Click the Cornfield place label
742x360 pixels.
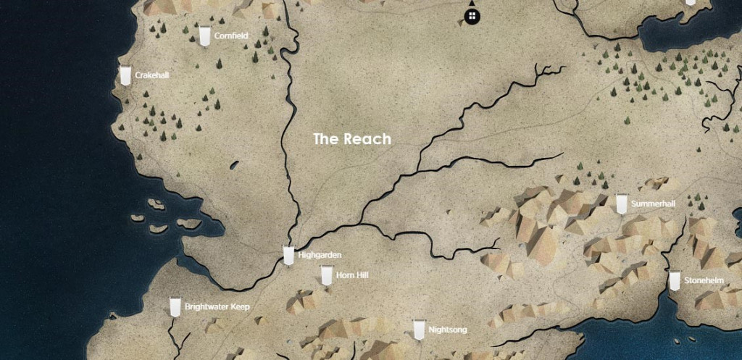231,35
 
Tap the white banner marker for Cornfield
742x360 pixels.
205,35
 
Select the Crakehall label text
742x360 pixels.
157,75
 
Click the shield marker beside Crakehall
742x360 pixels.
126,75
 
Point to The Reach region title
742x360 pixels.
352,139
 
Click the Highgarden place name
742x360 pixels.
320,255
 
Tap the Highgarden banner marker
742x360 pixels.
288,256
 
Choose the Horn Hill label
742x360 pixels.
352,275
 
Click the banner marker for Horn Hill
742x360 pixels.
326,275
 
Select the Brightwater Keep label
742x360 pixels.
217,307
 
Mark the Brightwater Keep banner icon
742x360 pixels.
175,306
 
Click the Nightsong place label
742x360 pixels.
448,330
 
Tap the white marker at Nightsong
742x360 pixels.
418,330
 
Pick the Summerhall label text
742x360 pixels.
653,204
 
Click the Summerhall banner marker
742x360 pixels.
621,204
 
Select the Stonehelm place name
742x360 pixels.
704,280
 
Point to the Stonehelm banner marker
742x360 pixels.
675,280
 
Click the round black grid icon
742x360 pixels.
472,15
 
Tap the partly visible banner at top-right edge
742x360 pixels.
690,3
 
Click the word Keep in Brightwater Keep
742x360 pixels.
240,307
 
